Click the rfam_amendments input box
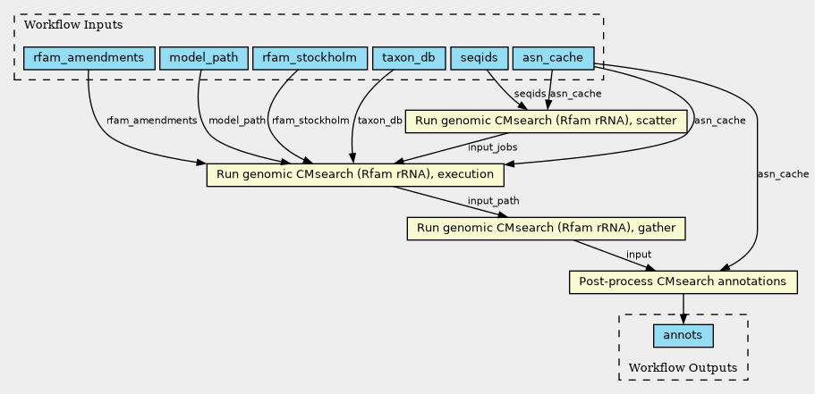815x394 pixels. (89, 57)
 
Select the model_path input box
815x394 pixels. (204, 57)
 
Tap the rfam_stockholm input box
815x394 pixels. (310, 57)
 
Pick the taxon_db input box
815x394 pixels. (409, 57)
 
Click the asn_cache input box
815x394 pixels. (553, 57)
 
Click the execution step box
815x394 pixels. (355, 175)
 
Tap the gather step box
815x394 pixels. (547, 229)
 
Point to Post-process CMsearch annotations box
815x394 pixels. (683, 281)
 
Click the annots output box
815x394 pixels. (683, 336)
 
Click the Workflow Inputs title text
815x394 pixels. (73, 25)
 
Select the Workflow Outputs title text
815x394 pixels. (683, 368)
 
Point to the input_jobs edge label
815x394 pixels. (492, 147)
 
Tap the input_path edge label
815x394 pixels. (493, 201)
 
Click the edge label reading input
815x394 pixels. (639, 255)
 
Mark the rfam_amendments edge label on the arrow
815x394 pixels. (152, 121)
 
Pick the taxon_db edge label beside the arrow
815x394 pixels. (380, 121)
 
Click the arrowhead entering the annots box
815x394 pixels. (683, 320)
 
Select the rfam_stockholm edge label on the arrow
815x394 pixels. (310, 121)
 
